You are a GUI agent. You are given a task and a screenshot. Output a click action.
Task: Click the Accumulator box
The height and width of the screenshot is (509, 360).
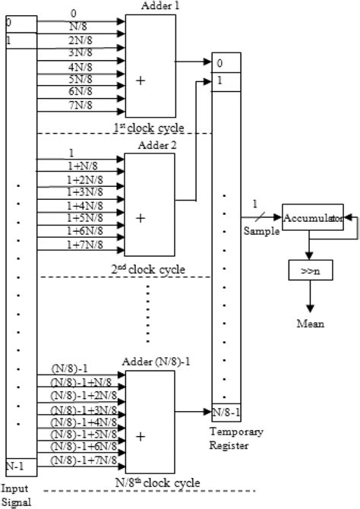coord(311,218)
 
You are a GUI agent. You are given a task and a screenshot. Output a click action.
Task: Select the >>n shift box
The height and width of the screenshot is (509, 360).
coord(309,269)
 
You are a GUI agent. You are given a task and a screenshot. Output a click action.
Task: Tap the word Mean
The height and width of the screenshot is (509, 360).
coord(309,324)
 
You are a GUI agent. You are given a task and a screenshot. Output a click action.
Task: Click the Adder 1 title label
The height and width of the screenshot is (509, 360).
coord(159,6)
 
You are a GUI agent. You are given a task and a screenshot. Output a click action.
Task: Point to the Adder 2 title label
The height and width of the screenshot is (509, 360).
coord(159,145)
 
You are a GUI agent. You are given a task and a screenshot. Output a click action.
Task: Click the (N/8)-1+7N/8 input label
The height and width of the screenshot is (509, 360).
coord(84,461)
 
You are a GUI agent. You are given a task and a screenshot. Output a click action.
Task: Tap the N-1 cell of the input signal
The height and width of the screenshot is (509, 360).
coord(16,463)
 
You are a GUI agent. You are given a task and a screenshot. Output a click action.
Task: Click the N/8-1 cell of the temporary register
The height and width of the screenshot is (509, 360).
coord(225,413)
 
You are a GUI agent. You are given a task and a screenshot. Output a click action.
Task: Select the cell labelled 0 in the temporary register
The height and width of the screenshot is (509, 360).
coord(226,62)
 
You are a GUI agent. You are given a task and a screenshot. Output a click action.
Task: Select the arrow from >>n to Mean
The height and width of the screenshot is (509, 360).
coord(309,298)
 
